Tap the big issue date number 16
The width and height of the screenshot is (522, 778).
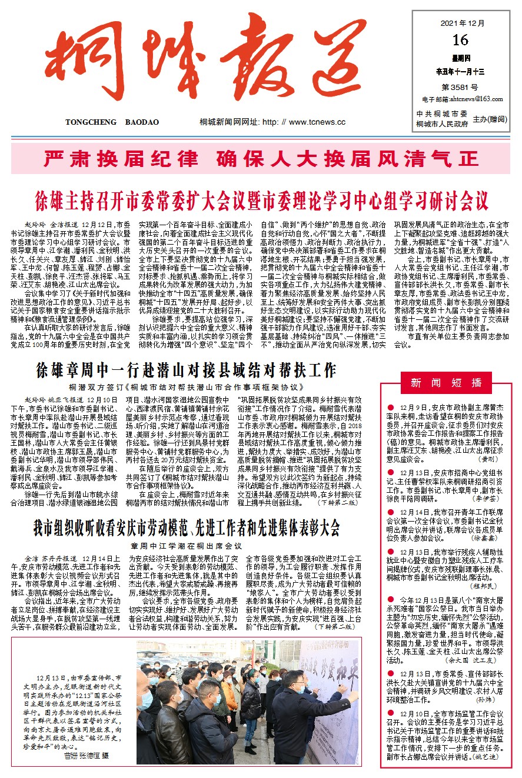tap(461, 40)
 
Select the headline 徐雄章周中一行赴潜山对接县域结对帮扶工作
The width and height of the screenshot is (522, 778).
tap(186, 370)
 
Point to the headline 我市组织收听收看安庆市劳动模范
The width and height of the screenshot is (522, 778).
tap(187, 527)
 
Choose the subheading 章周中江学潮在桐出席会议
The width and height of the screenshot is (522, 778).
tap(187, 546)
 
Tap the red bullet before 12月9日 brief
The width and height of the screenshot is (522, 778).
tap(390, 407)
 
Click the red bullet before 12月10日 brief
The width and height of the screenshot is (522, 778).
tap(390, 713)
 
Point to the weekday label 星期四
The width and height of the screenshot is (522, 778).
tap(461, 59)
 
